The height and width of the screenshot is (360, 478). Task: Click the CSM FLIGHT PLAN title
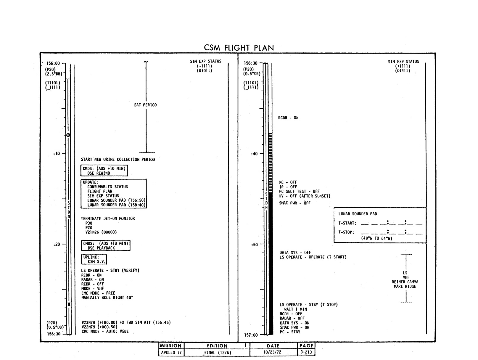coord(239,48)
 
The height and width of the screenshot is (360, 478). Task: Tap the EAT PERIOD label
coord(145,105)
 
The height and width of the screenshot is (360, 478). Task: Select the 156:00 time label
coord(53,63)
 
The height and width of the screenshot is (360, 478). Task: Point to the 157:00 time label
coord(251,335)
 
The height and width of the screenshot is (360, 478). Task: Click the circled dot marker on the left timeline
coord(68,135)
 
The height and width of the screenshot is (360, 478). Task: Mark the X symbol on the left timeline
coord(69,304)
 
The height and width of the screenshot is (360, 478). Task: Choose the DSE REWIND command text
coord(99,173)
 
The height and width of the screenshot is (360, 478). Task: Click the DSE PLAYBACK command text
coord(101,248)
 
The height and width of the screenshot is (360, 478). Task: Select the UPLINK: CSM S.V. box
coord(94,259)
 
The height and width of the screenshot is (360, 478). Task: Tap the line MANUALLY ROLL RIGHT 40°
coord(107,298)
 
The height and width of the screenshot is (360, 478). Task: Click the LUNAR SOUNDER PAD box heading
coord(358,214)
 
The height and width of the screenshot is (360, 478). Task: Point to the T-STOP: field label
coord(346,232)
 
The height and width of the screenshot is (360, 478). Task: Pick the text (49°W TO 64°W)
coord(376,238)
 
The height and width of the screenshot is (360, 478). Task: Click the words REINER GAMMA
coord(405,282)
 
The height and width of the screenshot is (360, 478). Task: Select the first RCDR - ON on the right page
coord(288,118)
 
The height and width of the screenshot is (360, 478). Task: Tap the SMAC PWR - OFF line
coord(295,203)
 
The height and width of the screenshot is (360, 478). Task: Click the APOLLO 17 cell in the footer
coord(171,353)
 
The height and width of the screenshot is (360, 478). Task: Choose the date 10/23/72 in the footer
coord(272,352)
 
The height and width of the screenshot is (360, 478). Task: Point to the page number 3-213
coord(306,352)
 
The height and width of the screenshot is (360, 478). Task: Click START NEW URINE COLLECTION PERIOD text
coord(118,160)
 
